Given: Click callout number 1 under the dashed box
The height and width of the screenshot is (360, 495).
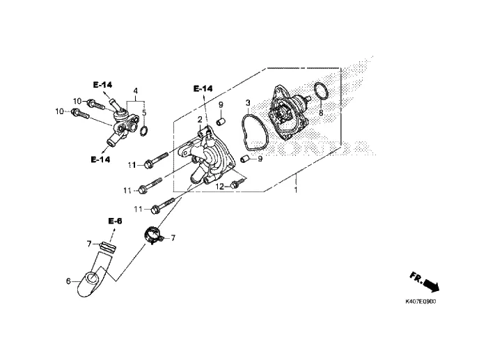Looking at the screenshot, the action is [296, 190].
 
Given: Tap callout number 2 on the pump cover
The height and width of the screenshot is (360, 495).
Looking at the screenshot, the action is [200, 120].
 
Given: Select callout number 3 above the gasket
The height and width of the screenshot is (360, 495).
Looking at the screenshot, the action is [248, 103].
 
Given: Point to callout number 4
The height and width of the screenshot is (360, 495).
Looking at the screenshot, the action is [136, 91].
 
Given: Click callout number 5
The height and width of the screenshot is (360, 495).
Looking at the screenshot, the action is [144, 112].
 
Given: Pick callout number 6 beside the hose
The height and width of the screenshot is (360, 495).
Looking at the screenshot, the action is [68, 281].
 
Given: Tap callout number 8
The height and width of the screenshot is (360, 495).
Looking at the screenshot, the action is [321, 113].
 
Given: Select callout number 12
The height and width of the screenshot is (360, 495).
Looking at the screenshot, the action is [219, 187].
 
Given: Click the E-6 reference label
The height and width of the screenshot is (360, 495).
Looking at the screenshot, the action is [115, 221].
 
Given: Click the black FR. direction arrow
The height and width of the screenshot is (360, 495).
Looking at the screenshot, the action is [431, 285].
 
